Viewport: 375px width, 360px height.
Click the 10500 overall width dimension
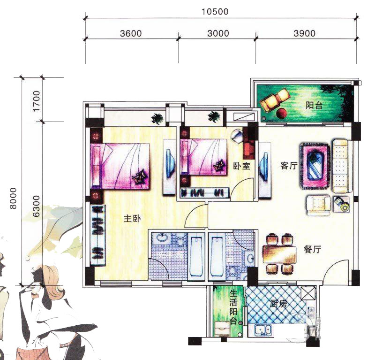tap(215, 11)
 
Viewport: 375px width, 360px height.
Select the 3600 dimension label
tap(131, 33)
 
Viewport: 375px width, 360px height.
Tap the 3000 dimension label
tap(218, 33)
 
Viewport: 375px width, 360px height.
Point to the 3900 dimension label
tap(304, 33)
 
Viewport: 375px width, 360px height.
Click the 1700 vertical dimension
tap(37, 101)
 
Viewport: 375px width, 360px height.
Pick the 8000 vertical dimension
tap(14, 199)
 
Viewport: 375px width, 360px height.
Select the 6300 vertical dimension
tap(36, 206)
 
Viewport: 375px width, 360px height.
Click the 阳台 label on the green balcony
tap(314, 105)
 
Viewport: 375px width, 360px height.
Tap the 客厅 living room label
tap(289, 166)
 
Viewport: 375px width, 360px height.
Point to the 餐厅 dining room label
tap(312, 250)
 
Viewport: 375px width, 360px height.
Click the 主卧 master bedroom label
tap(132, 218)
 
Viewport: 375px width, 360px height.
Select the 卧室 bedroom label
tap(241, 166)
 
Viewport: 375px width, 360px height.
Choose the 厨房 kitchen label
tap(278, 304)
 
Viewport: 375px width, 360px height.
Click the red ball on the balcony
tap(282, 113)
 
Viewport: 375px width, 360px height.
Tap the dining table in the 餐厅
tap(279, 254)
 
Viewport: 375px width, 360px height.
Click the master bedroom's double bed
tap(120, 166)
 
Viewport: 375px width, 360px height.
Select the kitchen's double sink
tap(262, 330)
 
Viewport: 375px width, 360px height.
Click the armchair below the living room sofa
tap(319, 206)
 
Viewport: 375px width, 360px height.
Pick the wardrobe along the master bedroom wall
tap(98, 235)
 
